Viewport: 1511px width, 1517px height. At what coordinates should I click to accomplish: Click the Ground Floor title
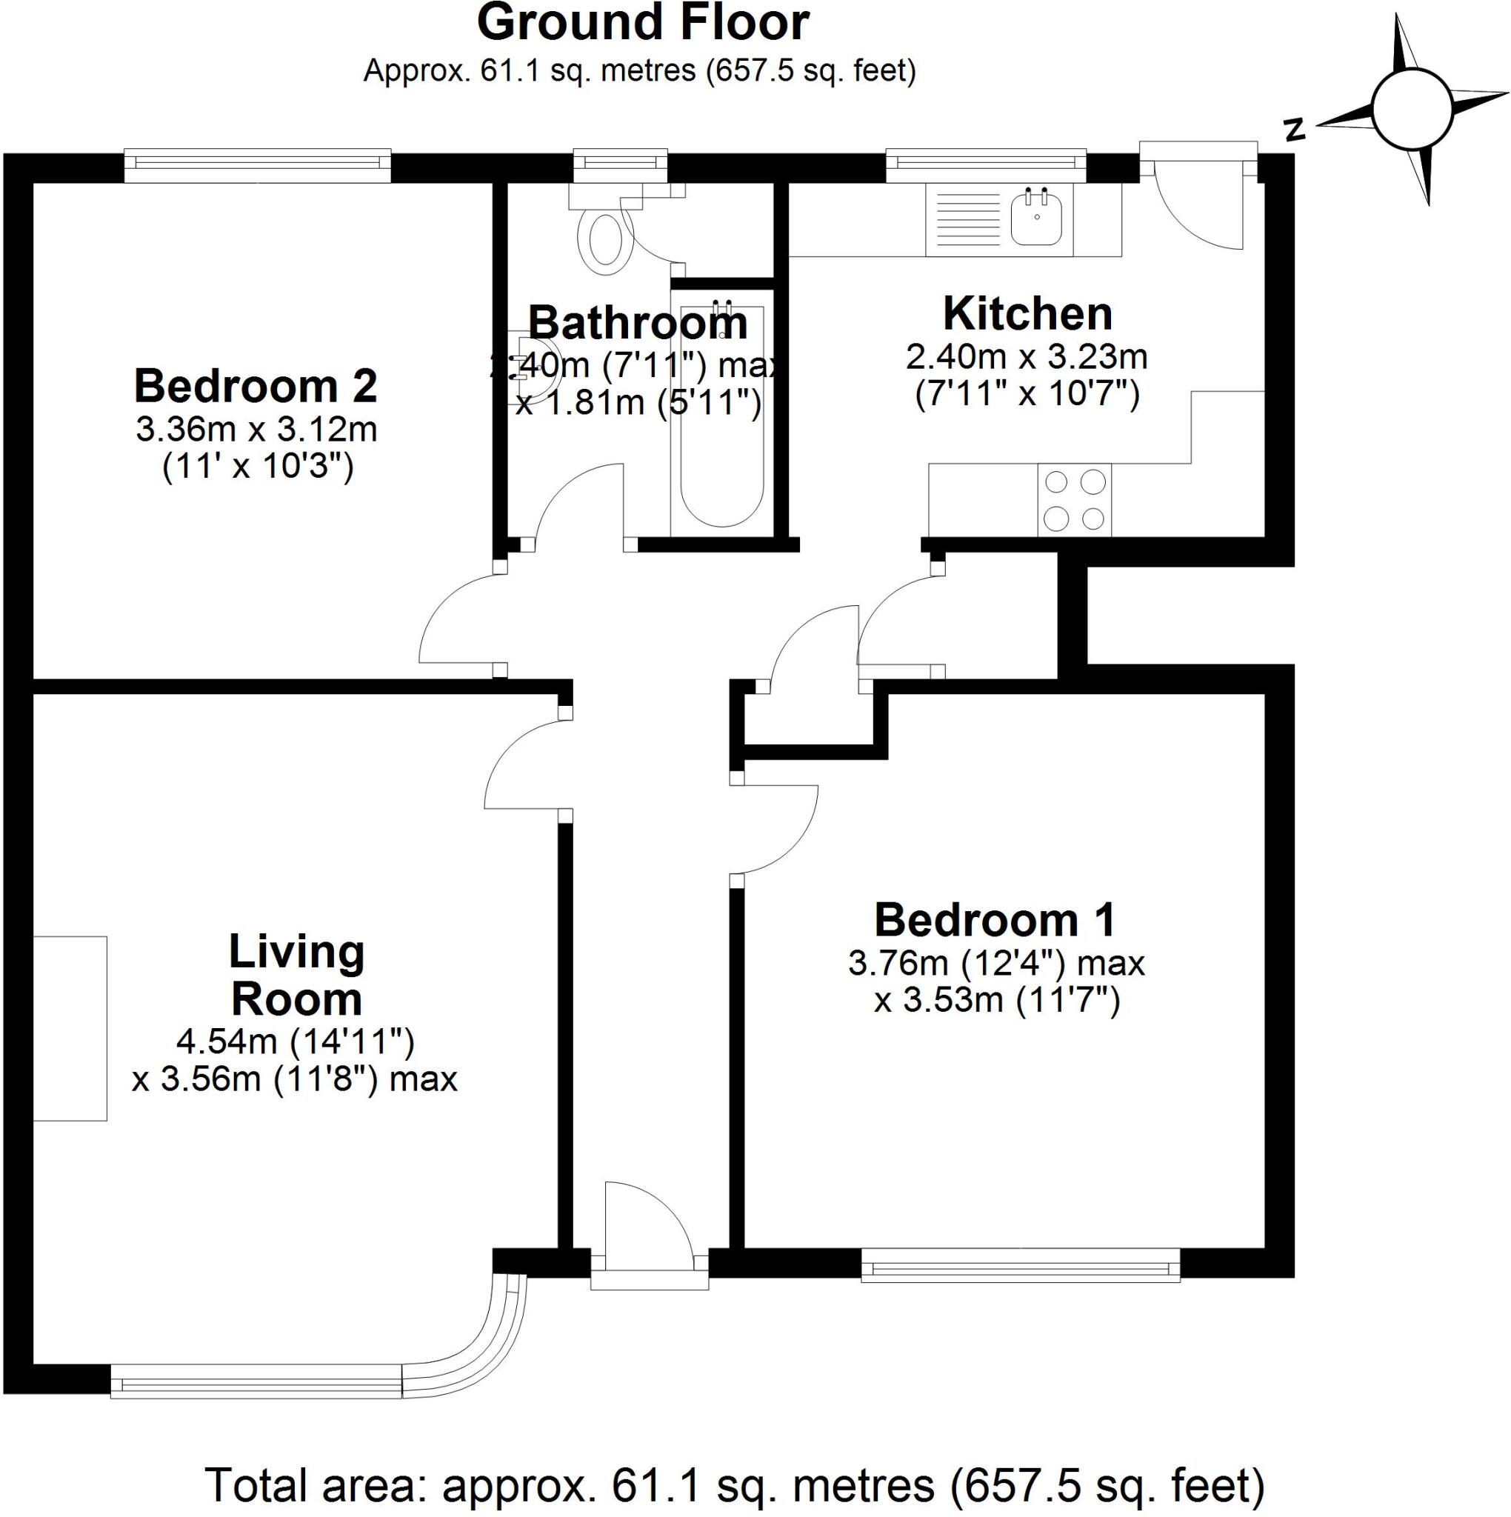(642, 24)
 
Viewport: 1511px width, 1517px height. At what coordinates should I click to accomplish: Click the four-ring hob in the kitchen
(1074, 499)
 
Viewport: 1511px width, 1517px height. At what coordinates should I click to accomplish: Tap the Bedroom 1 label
(994, 919)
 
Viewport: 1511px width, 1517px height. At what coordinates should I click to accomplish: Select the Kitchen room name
(1027, 313)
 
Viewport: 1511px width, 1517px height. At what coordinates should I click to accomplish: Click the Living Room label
(296, 976)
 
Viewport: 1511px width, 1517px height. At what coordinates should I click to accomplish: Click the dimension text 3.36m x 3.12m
(256, 430)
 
